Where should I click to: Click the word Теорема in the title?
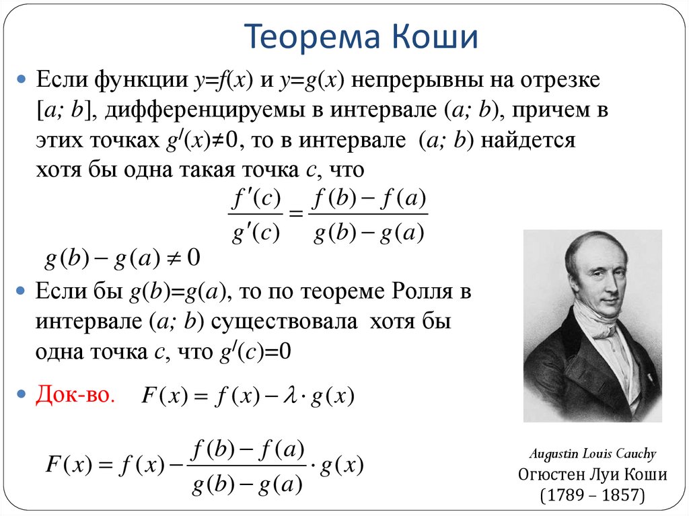[305, 38]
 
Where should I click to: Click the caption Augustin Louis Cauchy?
[592, 454]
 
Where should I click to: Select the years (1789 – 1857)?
[592, 496]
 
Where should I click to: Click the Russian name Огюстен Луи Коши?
[592, 475]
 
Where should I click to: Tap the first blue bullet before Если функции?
[22, 81]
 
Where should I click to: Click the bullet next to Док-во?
[22, 393]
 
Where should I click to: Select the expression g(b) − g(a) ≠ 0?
[122, 258]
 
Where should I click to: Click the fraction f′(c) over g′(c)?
[254, 215]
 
